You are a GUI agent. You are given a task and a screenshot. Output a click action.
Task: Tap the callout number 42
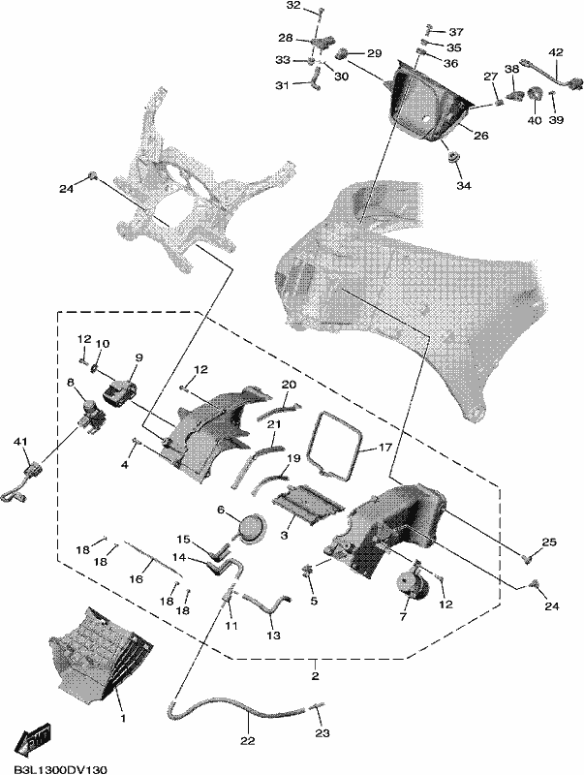556,52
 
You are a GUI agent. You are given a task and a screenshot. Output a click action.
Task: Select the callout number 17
384,448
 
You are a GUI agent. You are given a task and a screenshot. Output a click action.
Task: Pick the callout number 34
464,186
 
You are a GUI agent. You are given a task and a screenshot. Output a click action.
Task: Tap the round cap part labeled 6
251,527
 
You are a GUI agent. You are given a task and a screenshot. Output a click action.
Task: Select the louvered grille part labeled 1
99,649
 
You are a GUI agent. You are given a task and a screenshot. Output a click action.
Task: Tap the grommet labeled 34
451,158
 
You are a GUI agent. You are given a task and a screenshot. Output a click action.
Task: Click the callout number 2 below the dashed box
316,675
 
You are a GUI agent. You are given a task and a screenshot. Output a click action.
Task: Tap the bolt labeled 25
527,560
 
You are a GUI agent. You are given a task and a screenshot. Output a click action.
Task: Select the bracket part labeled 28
322,42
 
